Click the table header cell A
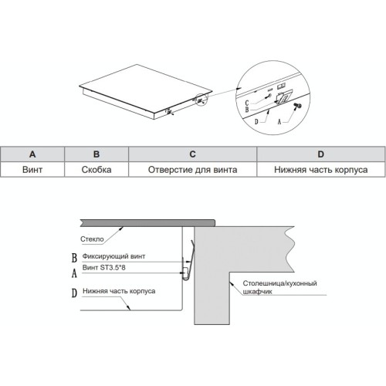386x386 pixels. point(32,154)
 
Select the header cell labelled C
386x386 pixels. point(192,154)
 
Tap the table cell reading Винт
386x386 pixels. point(32,170)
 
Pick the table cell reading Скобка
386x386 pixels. point(96,170)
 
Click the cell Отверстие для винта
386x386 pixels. point(192,170)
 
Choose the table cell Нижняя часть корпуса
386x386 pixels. point(321,170)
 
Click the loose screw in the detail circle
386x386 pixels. point(298,106)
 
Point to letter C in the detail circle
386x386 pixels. point(247,103)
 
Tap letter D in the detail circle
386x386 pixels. point(256,122)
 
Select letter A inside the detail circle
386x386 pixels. point(279,122)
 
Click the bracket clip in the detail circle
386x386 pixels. point(283,96)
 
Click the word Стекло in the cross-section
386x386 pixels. point(92,239)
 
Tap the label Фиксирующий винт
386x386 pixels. point(113,256)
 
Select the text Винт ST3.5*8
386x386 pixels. point(104,268)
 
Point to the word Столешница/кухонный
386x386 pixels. point(279,283)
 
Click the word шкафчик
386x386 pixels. point(257,292)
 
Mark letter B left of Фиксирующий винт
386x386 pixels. point(74,258)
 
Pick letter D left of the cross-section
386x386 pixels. point(74,293)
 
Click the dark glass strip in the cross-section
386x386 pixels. point(147,223)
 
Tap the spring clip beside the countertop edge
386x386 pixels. point(191,261)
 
